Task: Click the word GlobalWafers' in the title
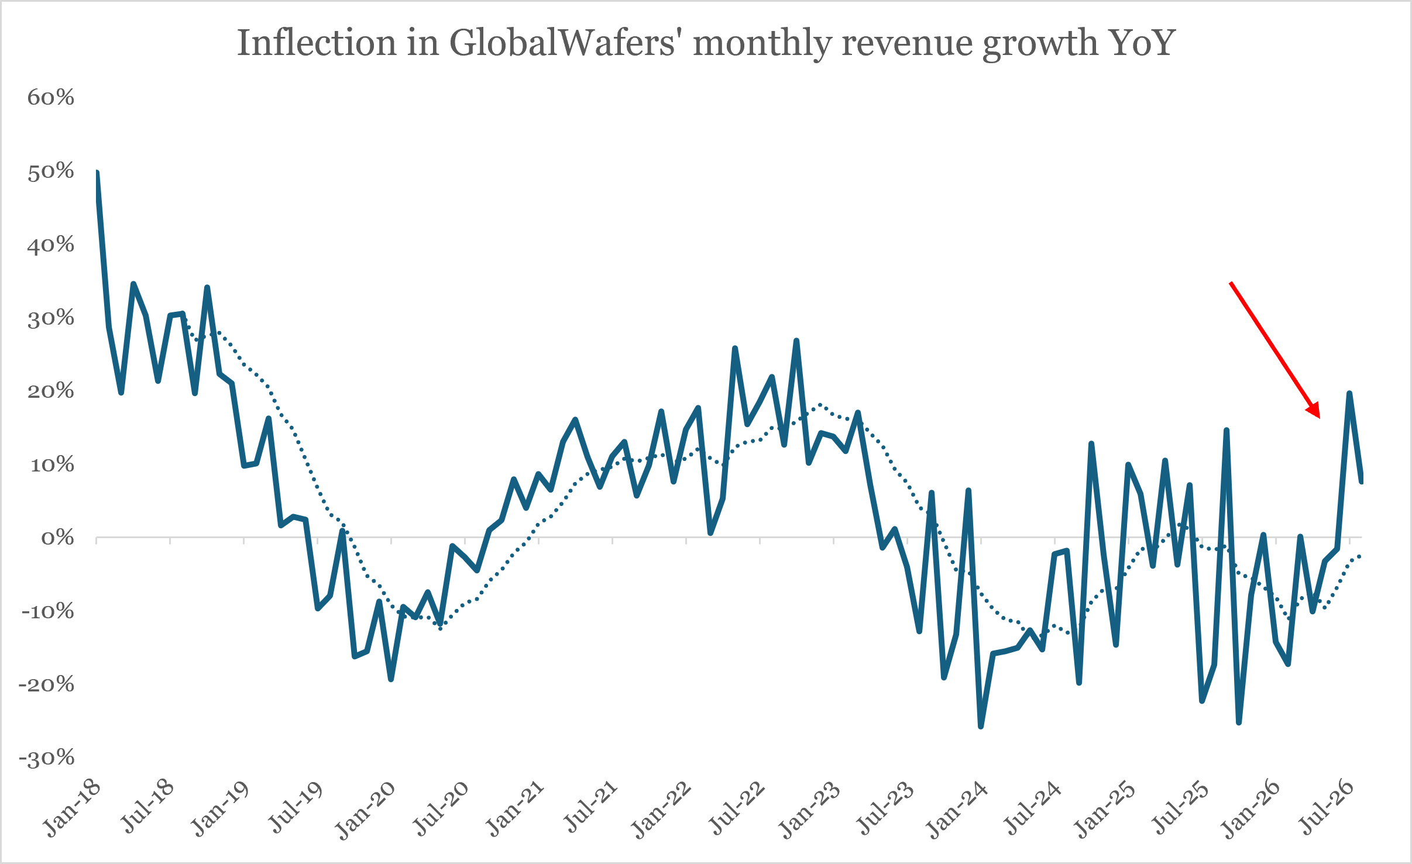(x=562, y=43)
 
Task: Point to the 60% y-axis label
(x=51, y=97)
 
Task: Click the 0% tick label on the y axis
(x=57, y=538)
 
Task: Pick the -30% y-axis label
(x=47, y=758)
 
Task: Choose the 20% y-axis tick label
(x=51, y=391)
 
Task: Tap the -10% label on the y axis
(x=47, y=611)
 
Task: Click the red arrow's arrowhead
(x=1314, y=411)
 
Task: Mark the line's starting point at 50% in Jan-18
(x=97, y=172)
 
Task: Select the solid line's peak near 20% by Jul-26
(x=1349, y=393)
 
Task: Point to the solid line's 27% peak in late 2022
(x=796, y=340)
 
